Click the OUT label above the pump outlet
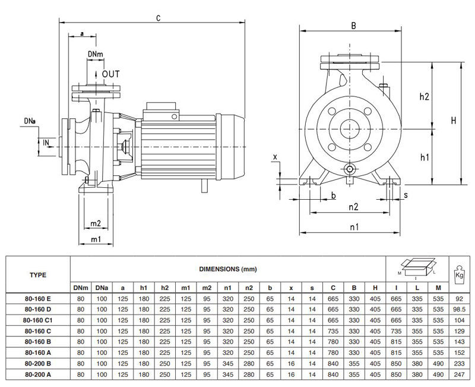[x=110, y=74]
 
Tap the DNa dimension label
[x=30, y=121]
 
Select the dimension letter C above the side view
[x=159, y=18]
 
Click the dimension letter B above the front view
[x=353, y=26]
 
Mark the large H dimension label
[x=453, y=121]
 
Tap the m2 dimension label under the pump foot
[x=96, y=224]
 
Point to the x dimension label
[x=275, y=156]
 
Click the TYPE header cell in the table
[x=38, y=275]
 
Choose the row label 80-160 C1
[x=39, y=319]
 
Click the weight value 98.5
[x=458, y=309]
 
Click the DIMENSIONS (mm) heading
[x=229, y=269]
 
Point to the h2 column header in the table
[x=164, y=288]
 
